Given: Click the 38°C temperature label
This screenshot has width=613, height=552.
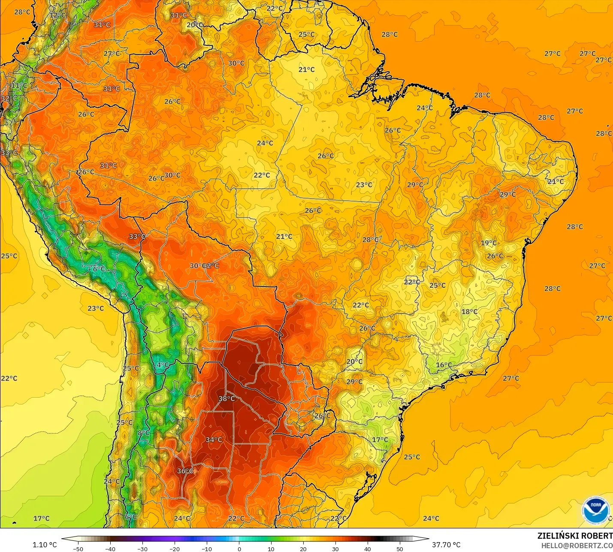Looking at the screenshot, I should (226, 398).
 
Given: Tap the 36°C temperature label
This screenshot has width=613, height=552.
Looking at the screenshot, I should (185, 471).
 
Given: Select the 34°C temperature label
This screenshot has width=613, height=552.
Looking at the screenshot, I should (214, 440).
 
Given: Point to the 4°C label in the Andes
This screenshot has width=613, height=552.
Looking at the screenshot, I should (162, 365).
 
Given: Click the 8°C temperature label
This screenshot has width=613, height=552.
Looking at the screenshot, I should (144, 433).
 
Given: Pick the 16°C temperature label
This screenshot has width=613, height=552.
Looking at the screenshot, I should (444, 365).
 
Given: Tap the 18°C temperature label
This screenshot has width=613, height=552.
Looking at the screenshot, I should (469, 311).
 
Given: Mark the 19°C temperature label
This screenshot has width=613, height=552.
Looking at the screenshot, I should (489, 243).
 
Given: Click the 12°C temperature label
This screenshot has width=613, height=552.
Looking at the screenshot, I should (57, 15).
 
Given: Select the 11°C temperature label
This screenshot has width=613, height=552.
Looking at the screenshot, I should (19, 85).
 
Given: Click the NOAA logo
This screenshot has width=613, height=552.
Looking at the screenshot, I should (596, 510).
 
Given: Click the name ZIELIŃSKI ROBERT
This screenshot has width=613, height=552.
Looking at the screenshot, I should (575, 536).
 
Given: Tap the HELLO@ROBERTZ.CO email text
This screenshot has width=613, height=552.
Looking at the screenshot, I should (577, 546).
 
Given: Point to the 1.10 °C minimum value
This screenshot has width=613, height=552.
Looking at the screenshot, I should (45, 545).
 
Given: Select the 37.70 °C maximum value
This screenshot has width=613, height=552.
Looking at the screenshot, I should (446, 545).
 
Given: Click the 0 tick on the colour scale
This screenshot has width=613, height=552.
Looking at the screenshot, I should (239, 549).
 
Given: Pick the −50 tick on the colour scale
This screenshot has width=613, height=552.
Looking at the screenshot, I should (78, 549).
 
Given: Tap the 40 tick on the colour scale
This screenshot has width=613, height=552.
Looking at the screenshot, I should (368, 549).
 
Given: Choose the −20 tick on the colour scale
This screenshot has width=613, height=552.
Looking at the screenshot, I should (174, 549).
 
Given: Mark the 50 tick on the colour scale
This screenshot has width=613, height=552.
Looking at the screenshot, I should (400, 549).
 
